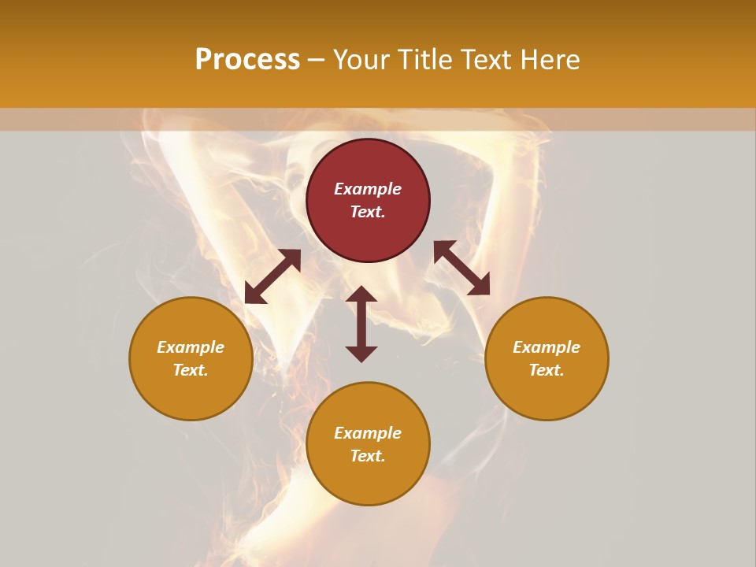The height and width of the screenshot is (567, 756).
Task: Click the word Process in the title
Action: (247, 60)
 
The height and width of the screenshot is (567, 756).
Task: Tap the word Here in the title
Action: (550, 60)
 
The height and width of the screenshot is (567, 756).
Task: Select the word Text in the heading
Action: (487, 60)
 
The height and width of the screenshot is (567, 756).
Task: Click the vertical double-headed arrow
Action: (361, 324)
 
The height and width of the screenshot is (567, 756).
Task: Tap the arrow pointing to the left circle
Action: (272, 276)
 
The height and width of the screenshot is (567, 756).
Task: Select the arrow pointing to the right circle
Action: (461, 268)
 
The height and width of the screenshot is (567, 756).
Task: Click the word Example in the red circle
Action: (368, 189)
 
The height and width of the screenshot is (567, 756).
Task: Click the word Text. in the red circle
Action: (368, 212)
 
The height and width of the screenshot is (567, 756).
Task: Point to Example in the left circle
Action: (191, 347)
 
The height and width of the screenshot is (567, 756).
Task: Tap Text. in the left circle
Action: (191, 370)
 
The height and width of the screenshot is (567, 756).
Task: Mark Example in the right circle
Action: (547, 347)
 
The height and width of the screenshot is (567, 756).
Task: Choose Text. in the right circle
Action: (547, 370)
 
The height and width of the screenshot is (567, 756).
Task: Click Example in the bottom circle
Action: (368, 433)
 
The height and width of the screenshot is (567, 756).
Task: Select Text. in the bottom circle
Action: (368, 456)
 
